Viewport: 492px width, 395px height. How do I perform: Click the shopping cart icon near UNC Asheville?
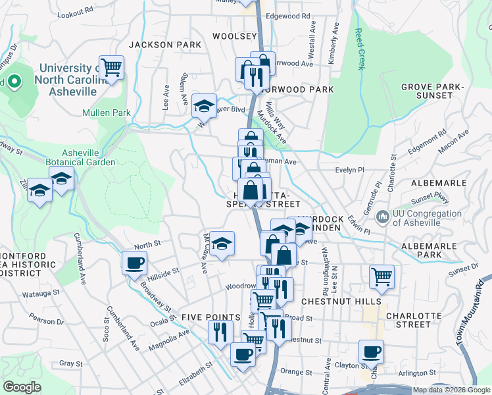(112, 66)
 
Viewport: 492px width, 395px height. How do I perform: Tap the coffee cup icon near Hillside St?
(134, 263)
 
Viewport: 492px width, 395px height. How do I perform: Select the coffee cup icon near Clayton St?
(371, 352)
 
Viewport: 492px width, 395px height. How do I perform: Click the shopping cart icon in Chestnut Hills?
(381, 276)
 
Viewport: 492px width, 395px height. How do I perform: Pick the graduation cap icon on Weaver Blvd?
(204, 105)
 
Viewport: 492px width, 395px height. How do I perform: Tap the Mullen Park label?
(107, 113)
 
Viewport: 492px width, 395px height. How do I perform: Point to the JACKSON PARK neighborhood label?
(164, 45)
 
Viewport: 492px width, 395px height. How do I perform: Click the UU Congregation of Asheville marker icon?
(382, 216)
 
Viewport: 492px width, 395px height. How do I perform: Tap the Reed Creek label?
(359, 49)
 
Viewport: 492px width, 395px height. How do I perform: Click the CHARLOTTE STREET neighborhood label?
(418, 319)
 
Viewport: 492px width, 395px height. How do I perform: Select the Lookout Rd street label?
(76, 13)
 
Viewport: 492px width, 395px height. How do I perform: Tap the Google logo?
(22, 387)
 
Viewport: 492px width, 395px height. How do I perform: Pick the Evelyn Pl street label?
(349, 170)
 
